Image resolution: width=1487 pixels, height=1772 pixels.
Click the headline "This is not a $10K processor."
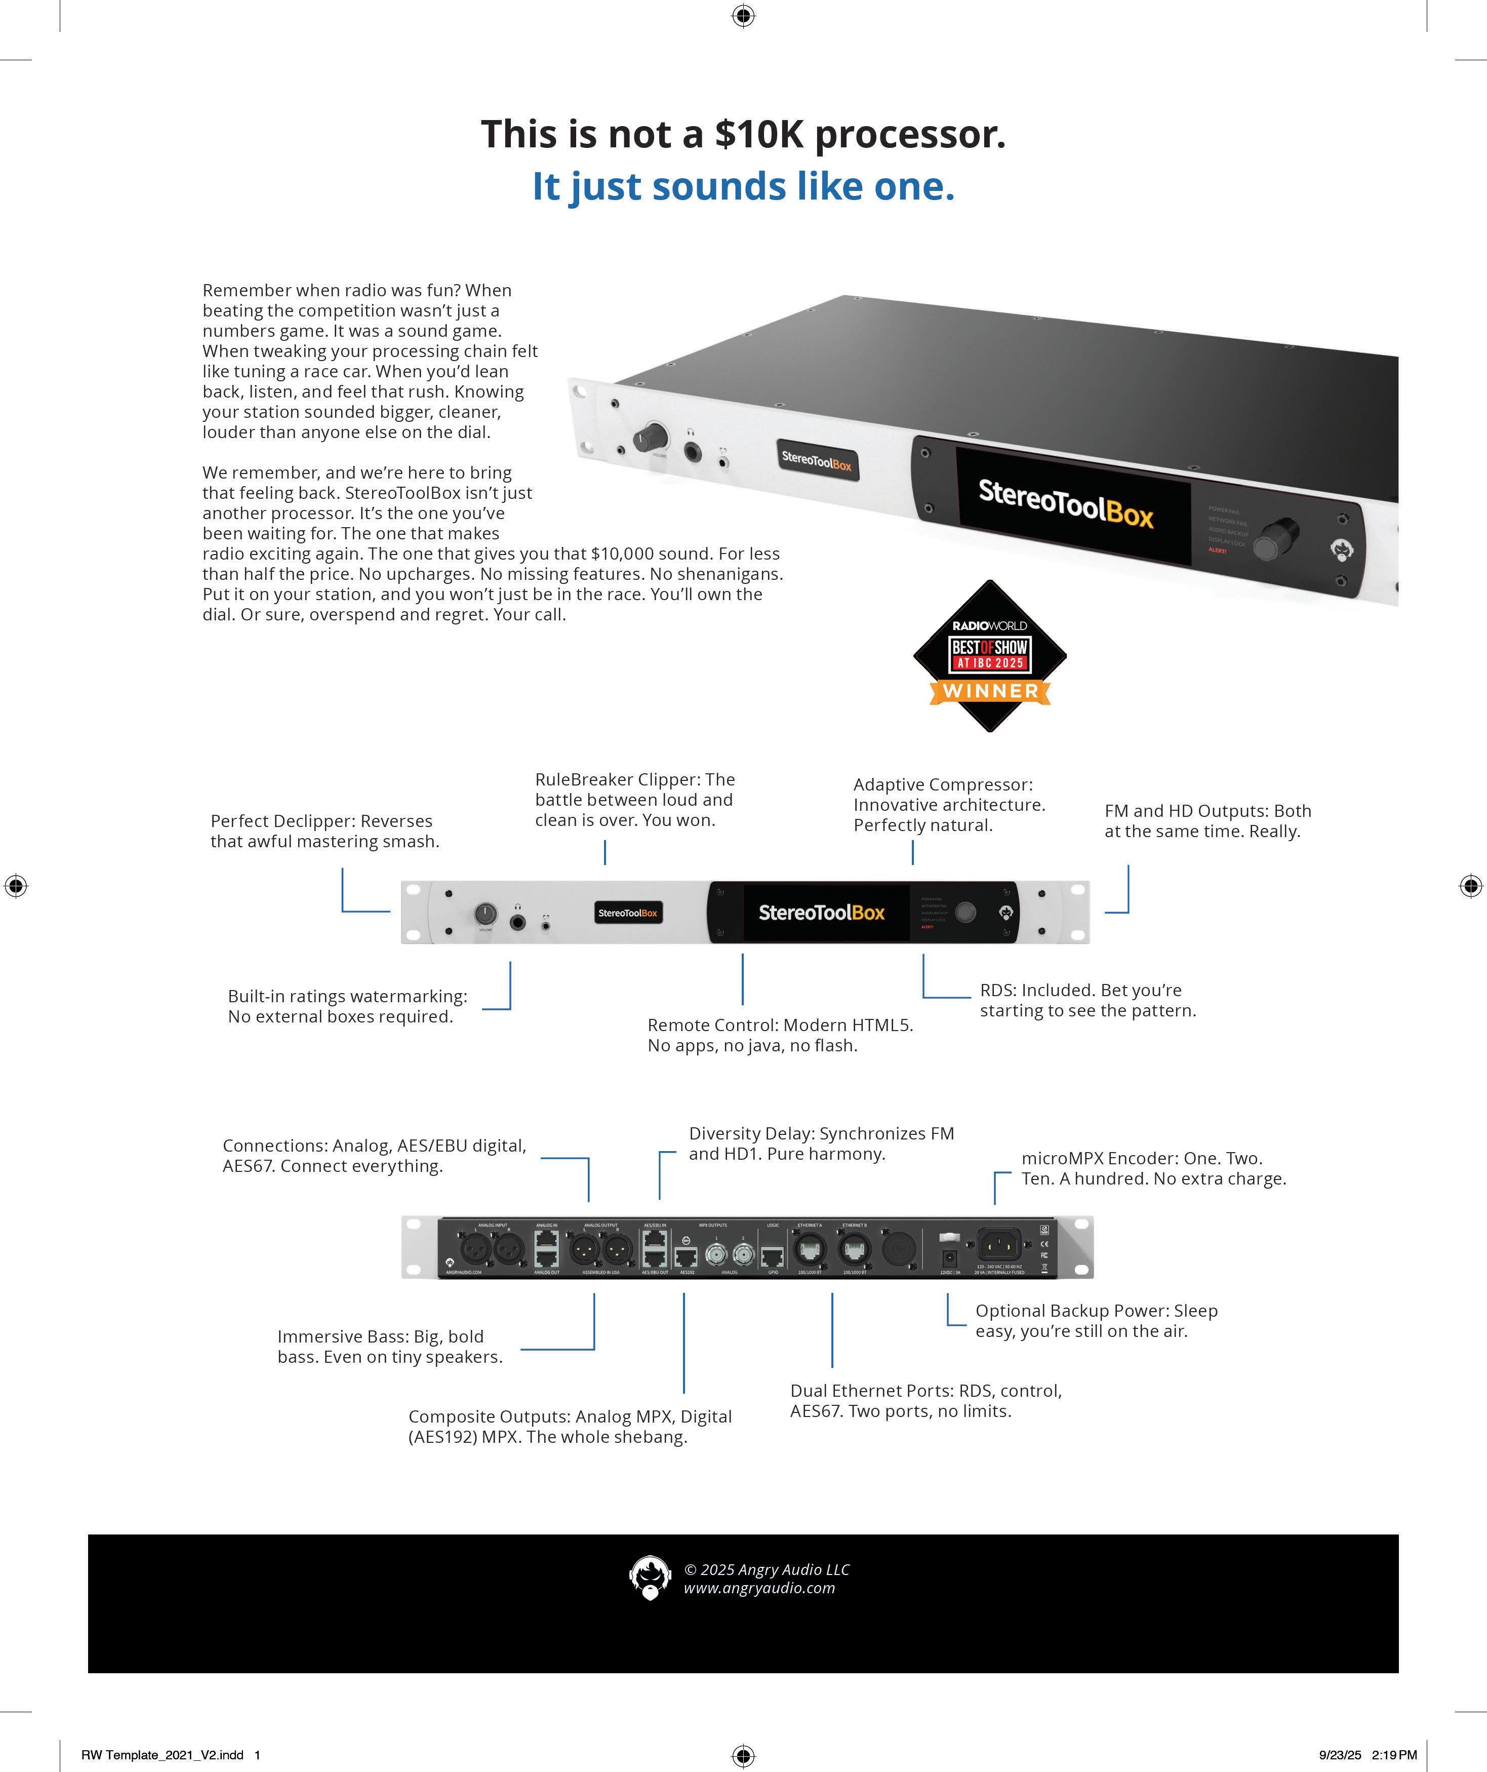pos(743,134)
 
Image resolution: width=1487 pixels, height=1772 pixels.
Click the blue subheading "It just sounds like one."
pos(743,186)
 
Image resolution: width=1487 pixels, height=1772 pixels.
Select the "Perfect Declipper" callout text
pos(325,831)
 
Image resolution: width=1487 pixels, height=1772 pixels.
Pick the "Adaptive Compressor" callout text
pos(949,805)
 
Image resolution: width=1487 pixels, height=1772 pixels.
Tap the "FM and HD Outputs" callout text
pos(1208,821)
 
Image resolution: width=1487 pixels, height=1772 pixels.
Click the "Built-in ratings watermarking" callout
pos(347,1006)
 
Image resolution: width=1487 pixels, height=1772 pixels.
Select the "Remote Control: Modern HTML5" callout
pos(780,1035)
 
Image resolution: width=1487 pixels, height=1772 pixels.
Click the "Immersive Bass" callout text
pos(390,1347)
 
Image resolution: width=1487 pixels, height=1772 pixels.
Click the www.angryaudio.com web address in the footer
pos(759,1588)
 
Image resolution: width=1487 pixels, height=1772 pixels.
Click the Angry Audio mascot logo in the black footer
pos(650,1577)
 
